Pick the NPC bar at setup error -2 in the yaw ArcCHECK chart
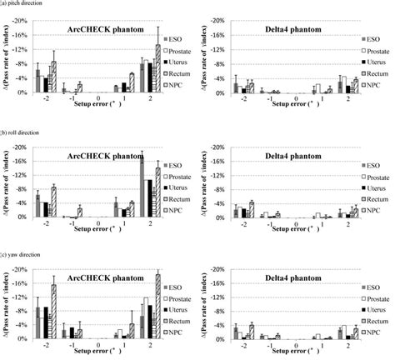click(x=54, y=312)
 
